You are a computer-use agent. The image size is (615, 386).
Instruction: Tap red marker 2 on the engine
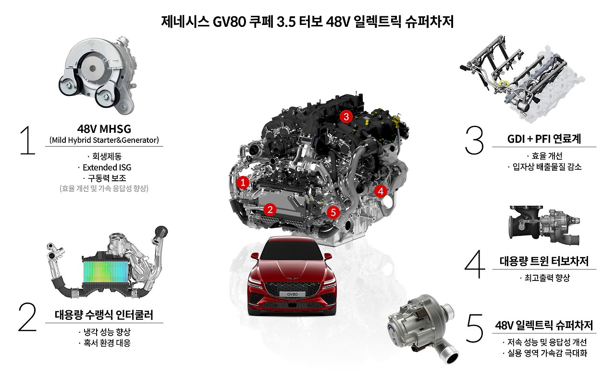pos(270,210)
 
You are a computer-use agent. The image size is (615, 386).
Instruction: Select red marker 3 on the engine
pos(346,117)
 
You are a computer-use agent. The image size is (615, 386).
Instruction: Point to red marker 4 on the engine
pos(381,191)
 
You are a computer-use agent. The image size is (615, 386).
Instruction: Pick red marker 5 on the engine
pos(333,212)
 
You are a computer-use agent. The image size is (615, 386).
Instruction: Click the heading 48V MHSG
pos(104,129)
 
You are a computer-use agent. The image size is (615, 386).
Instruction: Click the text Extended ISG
pos(107,167)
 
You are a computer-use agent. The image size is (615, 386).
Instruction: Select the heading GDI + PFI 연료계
pos(544,139)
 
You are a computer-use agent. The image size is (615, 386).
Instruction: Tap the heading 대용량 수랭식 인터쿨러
pos(104,315)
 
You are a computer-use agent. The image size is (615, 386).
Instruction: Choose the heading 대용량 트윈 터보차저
pos(544,261)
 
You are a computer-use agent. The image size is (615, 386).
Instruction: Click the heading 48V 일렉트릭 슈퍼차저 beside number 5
pos(544,325)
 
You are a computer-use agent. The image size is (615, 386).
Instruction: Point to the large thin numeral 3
pos(474,140)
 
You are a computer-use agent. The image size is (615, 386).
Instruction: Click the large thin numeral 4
pos(475,264)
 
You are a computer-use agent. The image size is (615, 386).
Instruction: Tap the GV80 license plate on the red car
pos(292,294)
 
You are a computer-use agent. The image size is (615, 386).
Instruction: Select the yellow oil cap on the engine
pos(396,120)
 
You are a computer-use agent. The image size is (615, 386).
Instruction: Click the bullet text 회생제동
pos(107,156)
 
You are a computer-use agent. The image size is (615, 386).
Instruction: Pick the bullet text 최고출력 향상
pos(547,278)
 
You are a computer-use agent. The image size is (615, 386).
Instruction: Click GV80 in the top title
pos(229,22)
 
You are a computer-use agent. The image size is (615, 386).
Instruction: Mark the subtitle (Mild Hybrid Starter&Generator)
pos(104,140)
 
